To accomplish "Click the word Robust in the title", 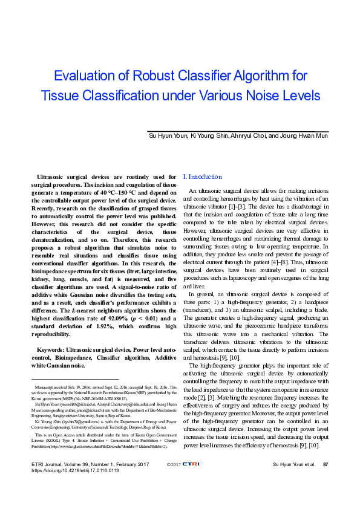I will [x=139, y=76].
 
